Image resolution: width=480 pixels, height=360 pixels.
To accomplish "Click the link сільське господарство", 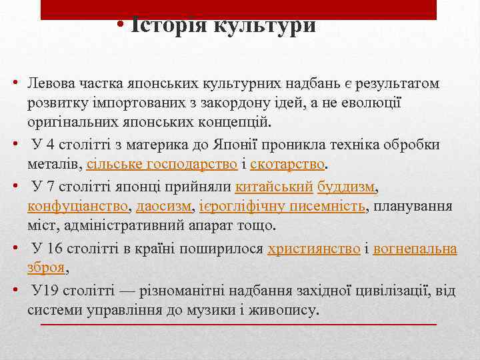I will click(158, 164).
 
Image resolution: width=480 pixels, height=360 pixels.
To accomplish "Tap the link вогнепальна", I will click(415, 249).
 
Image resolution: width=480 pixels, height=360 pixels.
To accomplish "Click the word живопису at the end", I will click(289, 310).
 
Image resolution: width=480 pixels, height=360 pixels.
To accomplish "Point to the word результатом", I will click(397, 85).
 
